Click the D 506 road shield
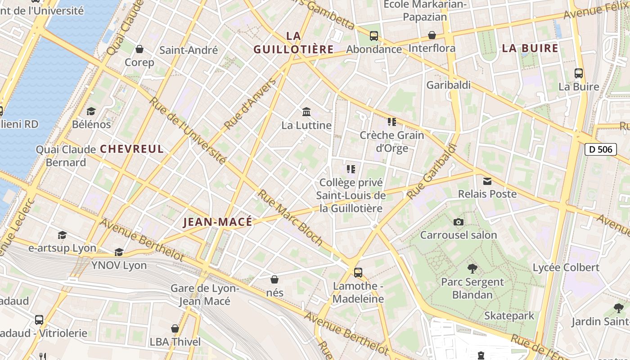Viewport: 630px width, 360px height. pos(600,149)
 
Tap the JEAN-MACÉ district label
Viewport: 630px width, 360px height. pos(218,222)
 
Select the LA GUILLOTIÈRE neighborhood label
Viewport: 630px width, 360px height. pos(293,42)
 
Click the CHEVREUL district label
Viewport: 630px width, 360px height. pos(132,149)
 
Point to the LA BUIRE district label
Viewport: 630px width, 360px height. pos(530,49)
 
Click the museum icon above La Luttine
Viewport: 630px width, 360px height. pos(306,112)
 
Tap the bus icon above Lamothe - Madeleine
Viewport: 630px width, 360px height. pos(358,272)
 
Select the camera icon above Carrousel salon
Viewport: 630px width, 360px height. pos(459,222)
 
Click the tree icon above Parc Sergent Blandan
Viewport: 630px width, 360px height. pos(472,269)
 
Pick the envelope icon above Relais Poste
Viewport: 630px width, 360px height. pos(487,181)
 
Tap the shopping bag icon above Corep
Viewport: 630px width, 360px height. pos(139,49)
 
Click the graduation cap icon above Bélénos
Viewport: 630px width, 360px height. pos(91,111)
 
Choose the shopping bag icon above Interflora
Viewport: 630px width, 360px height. pos(432,35)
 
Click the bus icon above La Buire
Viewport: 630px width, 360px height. pos(579,73)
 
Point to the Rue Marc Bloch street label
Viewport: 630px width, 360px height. pos(290,217)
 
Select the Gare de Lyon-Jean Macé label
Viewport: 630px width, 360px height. pos(205,295)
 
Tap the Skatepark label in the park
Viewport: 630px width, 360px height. pos(509,315)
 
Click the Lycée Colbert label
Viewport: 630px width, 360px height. pos(566,267)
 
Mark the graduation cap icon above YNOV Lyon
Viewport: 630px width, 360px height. pos(119,252)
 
